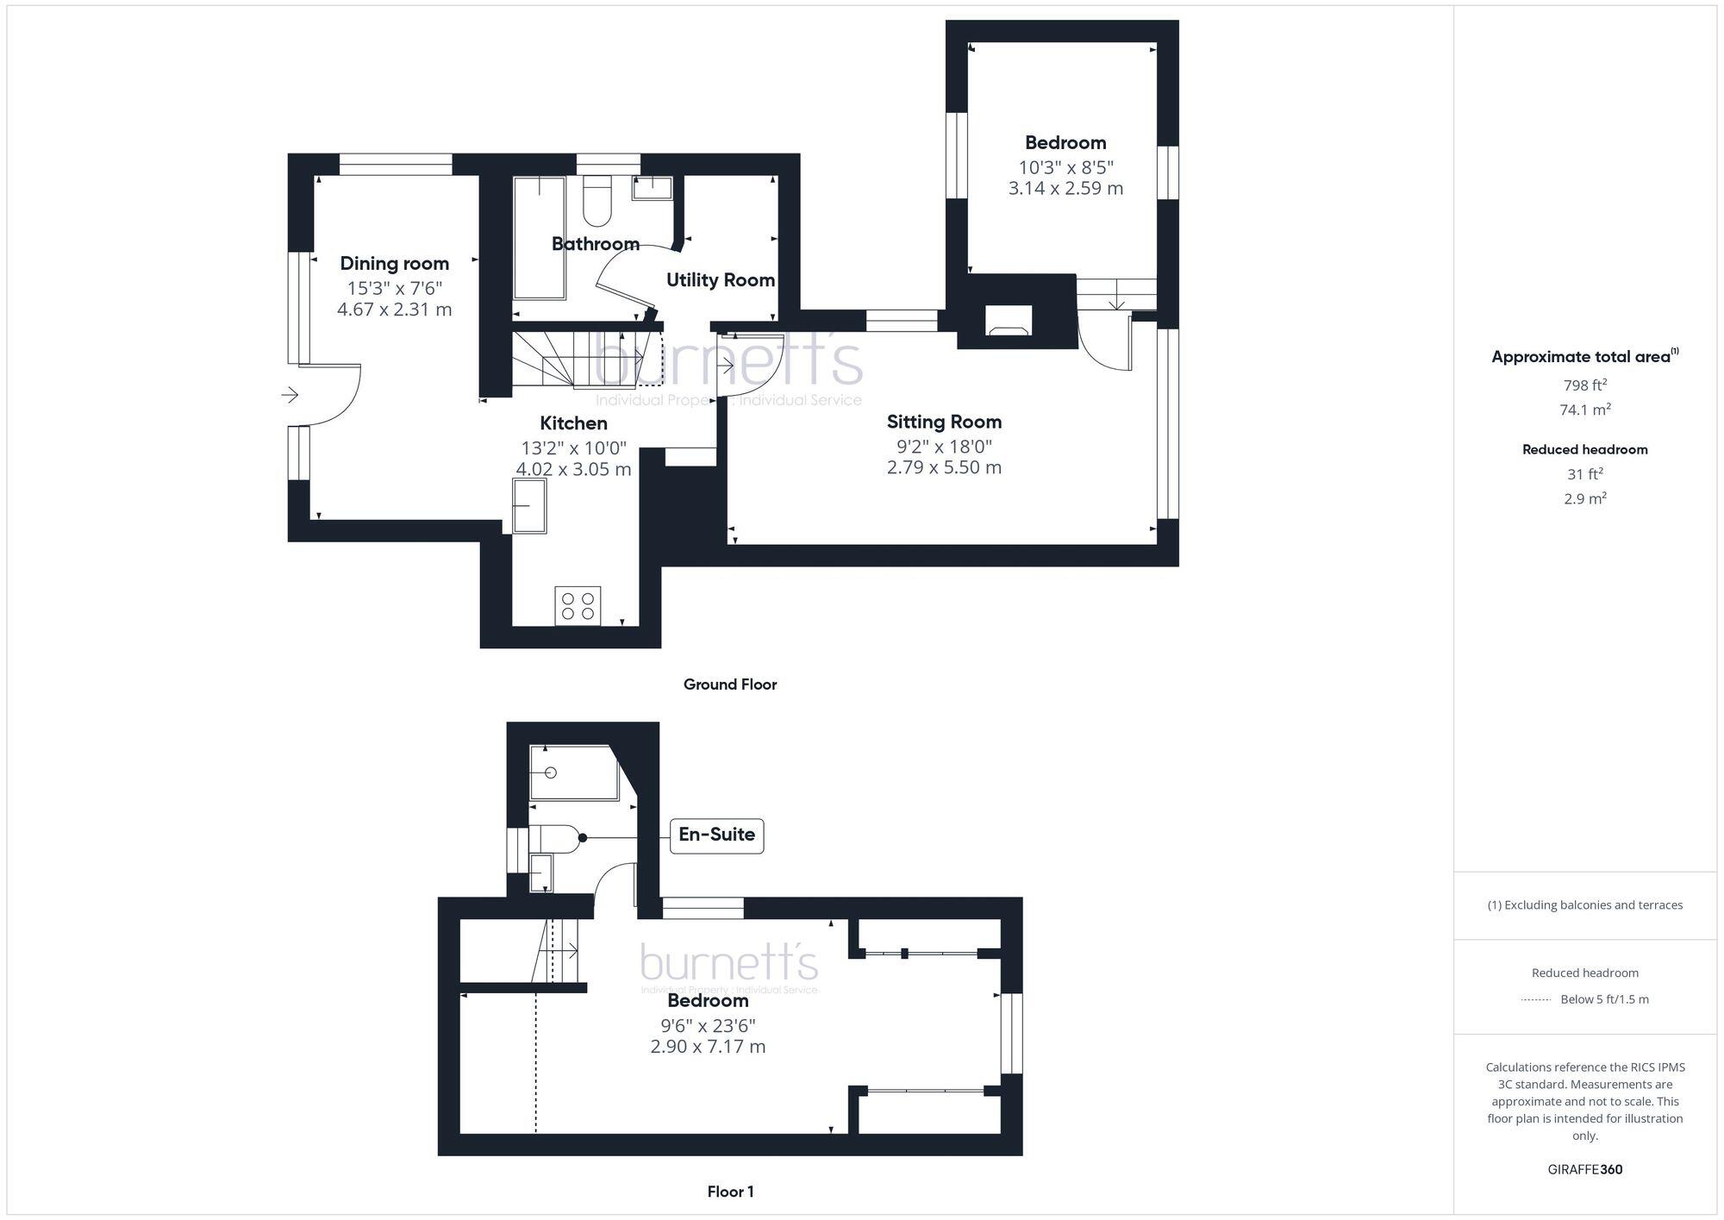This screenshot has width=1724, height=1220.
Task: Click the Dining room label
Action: click(x=394, y=264)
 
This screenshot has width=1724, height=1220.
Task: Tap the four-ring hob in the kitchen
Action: click(x=578, y=605)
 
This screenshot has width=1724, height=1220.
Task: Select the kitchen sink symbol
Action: click(x=529, y=505)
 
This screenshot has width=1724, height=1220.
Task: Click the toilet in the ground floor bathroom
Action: click(x=597, y=200)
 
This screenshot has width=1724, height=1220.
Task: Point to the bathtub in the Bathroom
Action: click(x=539, y=238)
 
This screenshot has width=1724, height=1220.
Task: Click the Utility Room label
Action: click(x=720, y=280)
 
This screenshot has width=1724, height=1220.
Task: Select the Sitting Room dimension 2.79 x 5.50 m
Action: click(x=944, y=467)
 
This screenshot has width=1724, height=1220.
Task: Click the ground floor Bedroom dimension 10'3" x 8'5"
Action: click(x=1065, y=167)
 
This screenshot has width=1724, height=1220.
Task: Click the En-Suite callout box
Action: click(x=716, y=835)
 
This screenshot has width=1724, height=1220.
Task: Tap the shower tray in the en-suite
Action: click(x=572, y=773)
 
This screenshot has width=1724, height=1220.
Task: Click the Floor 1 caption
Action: click(x=730, y=1192)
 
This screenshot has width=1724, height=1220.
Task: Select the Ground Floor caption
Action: click(x=730, y=685)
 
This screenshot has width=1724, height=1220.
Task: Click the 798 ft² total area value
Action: click(x=1584, y=385)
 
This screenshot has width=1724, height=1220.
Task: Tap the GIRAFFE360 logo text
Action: click(x=1584, y=1169)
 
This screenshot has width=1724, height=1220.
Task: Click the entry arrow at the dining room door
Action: click(x=290, y=395)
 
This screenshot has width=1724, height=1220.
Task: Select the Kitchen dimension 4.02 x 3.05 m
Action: click(x=573, y=470)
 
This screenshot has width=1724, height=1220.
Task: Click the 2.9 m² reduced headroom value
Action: click(x=1584, y=498)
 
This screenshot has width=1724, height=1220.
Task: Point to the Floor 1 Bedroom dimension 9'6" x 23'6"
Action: click(x=708, y=1026)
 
